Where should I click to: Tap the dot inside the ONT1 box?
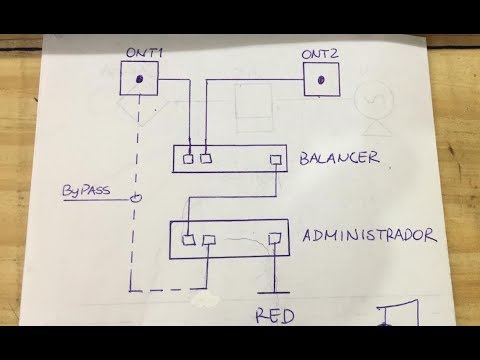[x=143, y=79]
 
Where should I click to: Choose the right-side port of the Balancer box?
[x=274, y=159]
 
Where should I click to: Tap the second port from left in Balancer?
[x=207, y=157]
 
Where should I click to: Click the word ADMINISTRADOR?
[x=370, y=236]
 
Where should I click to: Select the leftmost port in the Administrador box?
[x=189, y=239]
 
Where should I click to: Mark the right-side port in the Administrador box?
[x=273, y=238]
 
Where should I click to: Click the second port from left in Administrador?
[x=209, y=240]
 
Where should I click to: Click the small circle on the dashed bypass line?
[x=136, y=199]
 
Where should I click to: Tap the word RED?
[x=274, y=319]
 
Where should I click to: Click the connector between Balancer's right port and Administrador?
[x=230, y=196]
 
